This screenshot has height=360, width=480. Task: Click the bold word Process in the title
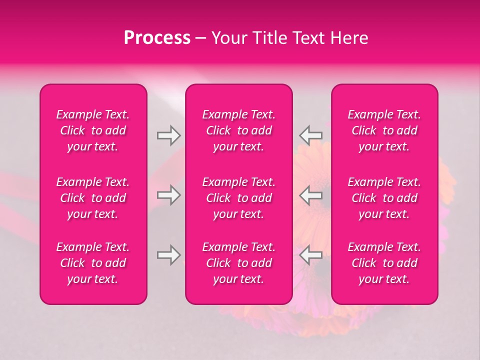[x=157, y=38]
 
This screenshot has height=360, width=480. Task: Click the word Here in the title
[x=349, y=38]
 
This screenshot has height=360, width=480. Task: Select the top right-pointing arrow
[x=168, y=135]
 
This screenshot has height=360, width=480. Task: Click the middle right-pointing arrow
[x=168, y=195]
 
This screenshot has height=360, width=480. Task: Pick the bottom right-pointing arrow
[x=168, y=255]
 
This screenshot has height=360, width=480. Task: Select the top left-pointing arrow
[x=310, y=135]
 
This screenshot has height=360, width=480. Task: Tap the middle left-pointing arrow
[x=310, y=195]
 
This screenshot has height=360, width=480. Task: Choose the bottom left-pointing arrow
[x=310, y=255]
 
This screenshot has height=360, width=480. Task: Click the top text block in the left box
[x=93, y=130]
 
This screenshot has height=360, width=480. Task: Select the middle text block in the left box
[x=93, y=198]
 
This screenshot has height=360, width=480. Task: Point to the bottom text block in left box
[x=93, y=263]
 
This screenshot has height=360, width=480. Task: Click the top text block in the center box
[x=239, y=130]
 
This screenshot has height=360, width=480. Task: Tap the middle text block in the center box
[x=239, y=198]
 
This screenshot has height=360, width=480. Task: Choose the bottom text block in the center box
[x=239, y=263]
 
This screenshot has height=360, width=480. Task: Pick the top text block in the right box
[x=384, y=130]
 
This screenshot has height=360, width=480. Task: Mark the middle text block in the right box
[x=384, y=198]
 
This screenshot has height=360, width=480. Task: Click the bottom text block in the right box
[x=384, y=263]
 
